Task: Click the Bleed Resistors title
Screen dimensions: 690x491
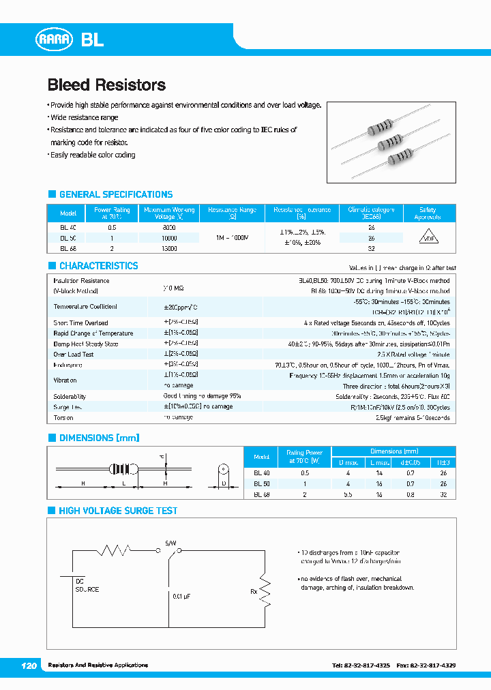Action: (106, 85)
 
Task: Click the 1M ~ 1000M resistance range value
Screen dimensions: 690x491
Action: (233, 239)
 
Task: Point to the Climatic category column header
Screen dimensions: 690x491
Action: (371, 213)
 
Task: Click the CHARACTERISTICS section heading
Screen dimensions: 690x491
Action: (98, 266)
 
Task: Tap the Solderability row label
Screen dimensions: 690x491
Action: (70, 396)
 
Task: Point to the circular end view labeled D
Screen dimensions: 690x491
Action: (223, 470)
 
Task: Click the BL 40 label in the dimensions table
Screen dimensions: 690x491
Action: (261, 472)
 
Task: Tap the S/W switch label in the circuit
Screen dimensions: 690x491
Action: (169, 543)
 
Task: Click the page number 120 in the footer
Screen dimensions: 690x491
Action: (29, 665)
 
